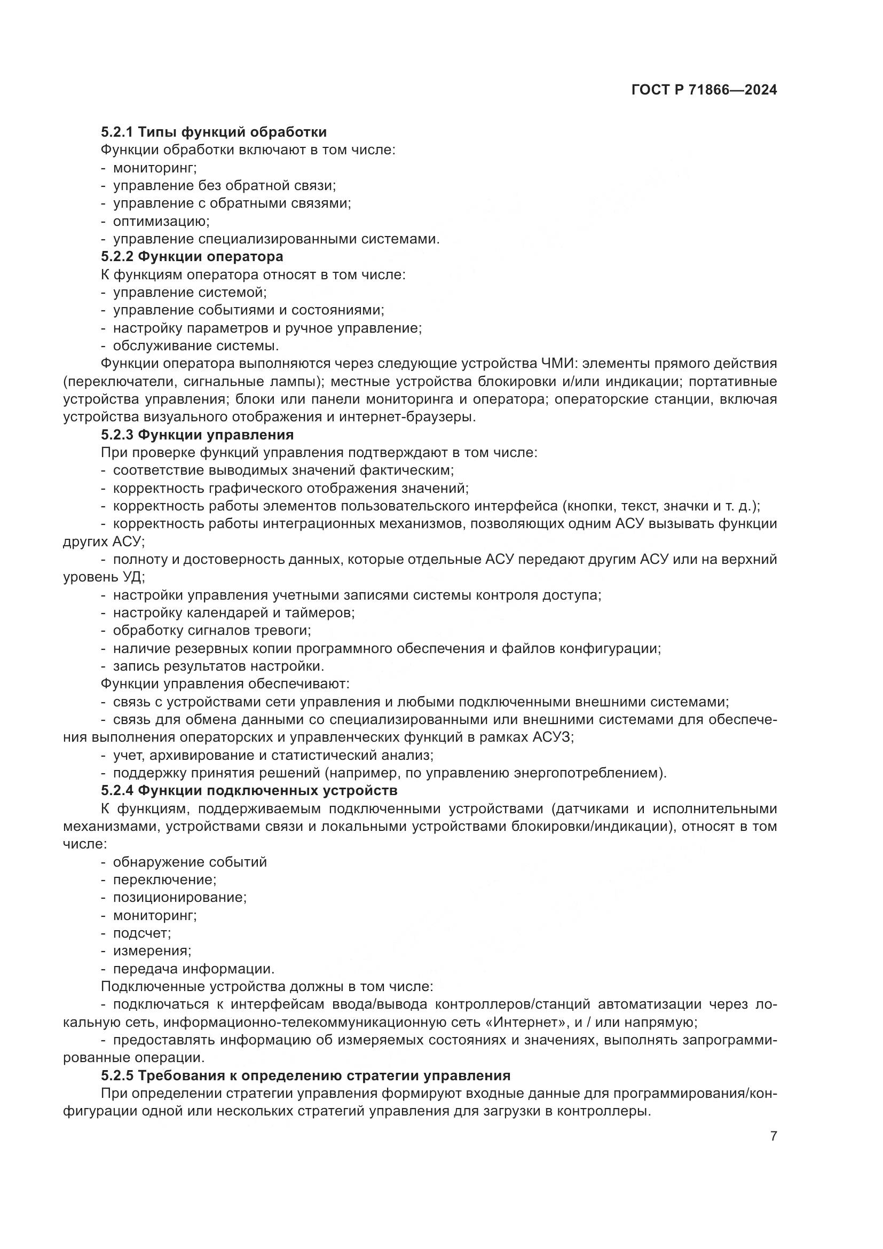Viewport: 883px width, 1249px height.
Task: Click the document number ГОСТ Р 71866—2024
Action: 704,90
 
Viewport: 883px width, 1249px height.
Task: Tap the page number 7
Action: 774,1136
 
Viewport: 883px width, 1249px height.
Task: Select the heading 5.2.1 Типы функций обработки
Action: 214,132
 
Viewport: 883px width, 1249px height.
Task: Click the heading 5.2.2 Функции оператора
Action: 192,256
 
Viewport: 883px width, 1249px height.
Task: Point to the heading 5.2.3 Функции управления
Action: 198,435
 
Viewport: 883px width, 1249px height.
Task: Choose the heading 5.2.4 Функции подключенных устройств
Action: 249,790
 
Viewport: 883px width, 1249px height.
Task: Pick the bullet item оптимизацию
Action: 161,222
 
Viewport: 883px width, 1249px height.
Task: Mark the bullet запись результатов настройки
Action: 218,666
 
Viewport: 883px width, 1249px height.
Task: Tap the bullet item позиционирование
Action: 179,897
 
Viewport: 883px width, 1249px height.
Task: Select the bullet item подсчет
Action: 141,933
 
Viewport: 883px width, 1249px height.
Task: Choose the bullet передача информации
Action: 194,969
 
